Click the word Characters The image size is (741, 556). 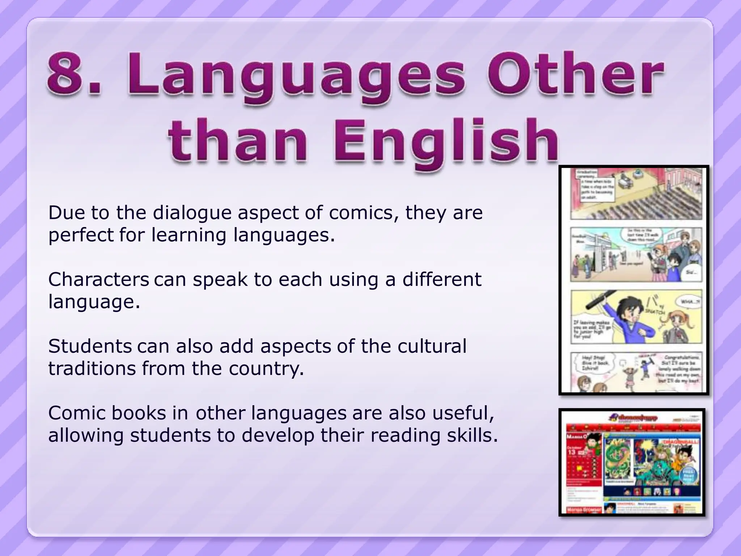click(98, 279)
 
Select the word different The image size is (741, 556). click(442, 279)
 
